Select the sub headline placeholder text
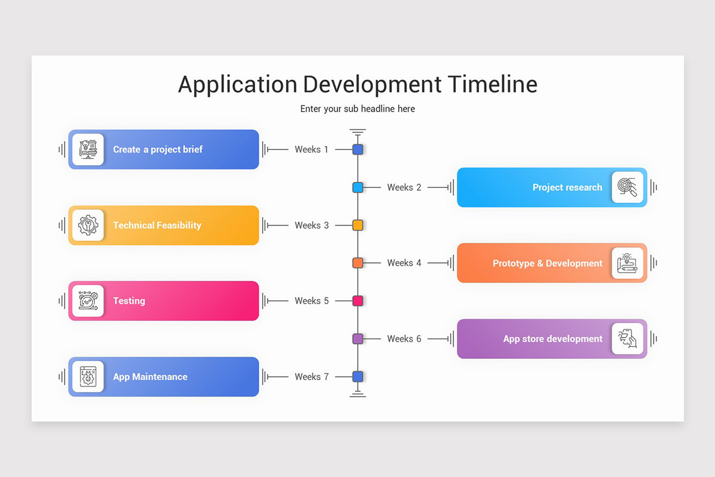click(x=357, y=109)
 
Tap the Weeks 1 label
click(x=311, y=150)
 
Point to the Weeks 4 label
click(x=404, y=263)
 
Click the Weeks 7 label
click(x=311, y=377)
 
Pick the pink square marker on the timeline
click(x=357, y=301)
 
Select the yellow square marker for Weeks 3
click(x=357, y=225)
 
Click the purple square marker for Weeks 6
click(x=357, y=339)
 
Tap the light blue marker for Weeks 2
click(x=357, y=187)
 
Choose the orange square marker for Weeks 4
click(x=357, y=263)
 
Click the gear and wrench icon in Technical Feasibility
click(x=88, y=225)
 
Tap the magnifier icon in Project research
click(x=627, y=187)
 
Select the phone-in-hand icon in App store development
click(x=627, y=339)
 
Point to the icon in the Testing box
click(x=88, y=301)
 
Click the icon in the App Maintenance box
click(x=88, y=377)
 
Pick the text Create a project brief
click(x=158, y=150)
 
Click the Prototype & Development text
click(x=547, y=263)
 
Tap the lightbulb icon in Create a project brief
click(x=88, y=150)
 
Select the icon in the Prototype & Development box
click(x=627, y=263)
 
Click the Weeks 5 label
click(x=311, y=301)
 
